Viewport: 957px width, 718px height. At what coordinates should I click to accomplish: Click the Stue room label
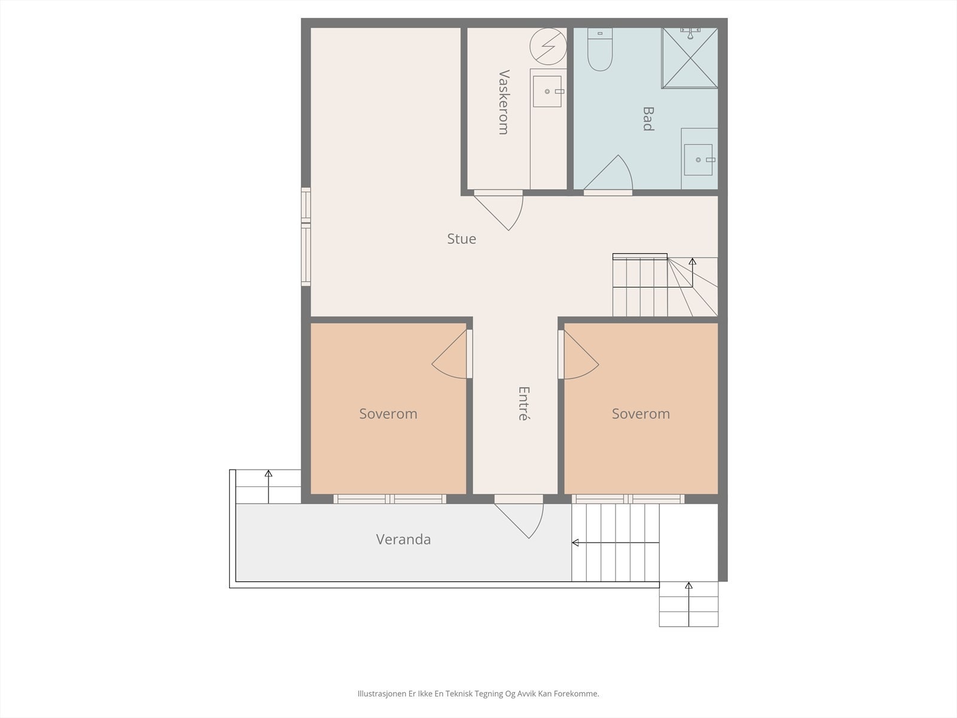461,239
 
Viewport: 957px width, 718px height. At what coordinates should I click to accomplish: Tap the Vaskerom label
504,102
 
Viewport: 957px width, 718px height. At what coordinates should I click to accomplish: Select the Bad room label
648,118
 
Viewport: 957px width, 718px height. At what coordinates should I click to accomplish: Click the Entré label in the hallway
523,403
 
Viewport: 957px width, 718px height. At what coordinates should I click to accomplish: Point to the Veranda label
403,539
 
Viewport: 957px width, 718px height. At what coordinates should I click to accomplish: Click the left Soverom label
388,413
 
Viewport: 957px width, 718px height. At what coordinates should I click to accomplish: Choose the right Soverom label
641,413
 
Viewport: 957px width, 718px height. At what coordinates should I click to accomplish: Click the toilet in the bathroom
600,49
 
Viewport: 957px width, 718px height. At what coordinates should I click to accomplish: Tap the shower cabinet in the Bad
690,58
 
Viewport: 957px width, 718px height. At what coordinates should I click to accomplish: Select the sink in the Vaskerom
548,91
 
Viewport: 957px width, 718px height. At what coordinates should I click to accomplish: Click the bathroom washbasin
699,160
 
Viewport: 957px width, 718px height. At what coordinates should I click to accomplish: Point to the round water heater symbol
548,46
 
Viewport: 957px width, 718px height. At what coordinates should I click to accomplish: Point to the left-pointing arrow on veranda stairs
615,543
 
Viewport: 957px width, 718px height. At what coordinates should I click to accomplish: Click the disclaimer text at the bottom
478,693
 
